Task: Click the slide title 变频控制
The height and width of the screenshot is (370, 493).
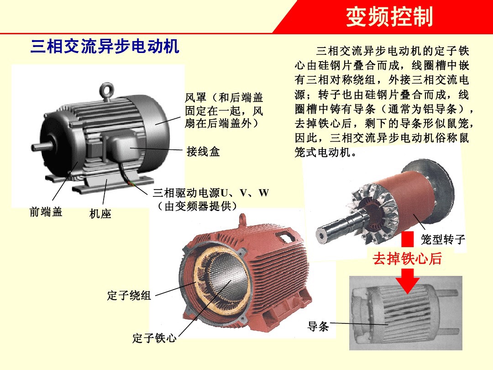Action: pyautogui.click(x=389, y=17)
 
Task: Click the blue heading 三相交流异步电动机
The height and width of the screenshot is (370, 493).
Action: pyautogui.click(x=105, y=47)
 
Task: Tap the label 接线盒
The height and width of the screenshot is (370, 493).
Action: pyautogui.click(x=203, y=152)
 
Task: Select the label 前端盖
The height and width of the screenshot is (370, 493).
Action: pyautogui.click(x=46, y=211)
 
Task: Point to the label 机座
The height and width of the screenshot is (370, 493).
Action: pyautogui.click(x=100, y=213)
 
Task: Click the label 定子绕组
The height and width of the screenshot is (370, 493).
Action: pyautogui.click(x=129, y=295)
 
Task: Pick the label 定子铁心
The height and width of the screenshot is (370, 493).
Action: pyautogui.click(x=154, y=338)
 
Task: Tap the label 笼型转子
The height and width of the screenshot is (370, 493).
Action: pyautogui.click(x=443, y=239)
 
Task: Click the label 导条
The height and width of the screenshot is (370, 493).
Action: pyautogui.click(x=318, y=326)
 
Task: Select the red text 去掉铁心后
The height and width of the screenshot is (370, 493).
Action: pyautogui.click(x=408, y=259)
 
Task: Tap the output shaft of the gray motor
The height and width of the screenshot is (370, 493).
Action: pyautogui.click(x=42, y=147)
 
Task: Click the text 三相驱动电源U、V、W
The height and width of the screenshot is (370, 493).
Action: pyautogui.click(x=210, y=193)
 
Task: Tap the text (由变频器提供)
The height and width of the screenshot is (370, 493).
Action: pyautogui.click(x=197, y=206)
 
